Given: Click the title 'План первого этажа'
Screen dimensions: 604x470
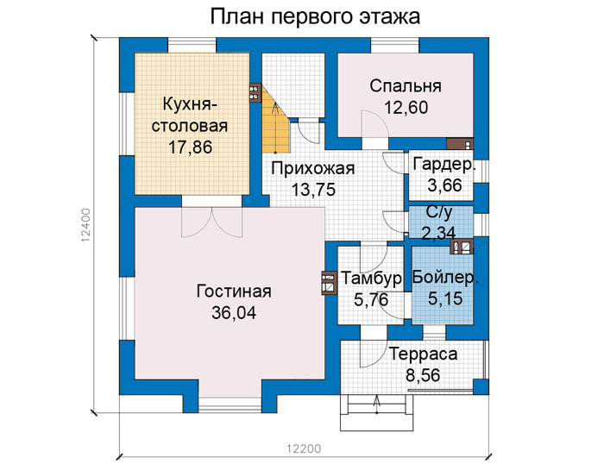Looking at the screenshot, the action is (x=315, y=16).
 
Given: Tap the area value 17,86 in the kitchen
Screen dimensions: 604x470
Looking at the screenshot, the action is (x=191, y=147).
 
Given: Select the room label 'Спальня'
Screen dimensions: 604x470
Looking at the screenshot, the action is (x=406, y=86).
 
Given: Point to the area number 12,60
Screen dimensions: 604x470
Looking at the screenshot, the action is (x=406, y=108).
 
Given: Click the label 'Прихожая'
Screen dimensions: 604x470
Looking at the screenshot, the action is (x=312, y=169).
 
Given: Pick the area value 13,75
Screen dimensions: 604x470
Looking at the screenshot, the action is (x=313, y=190).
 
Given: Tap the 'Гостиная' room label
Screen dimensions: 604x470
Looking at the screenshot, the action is (x=234, y=291).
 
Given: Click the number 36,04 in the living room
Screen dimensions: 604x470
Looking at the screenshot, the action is (x=234, y=312).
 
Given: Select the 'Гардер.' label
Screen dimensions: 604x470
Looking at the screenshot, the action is (x=444, y=165).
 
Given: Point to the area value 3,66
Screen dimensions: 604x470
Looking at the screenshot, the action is (x=444, y=185).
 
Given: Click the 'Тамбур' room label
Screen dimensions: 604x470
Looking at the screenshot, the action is (x=371, y=278).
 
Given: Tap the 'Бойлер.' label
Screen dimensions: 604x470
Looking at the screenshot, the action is (x=445, y=277).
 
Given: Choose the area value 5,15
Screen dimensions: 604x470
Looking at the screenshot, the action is (x=445, y=298).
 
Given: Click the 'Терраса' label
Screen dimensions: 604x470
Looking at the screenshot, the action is (x=423, y=354).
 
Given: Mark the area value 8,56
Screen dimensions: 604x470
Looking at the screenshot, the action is (x=423, y=375).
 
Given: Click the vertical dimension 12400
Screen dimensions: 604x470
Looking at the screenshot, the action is (x=85, y=225).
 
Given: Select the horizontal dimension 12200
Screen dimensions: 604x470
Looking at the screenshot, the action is (x=304, y=448).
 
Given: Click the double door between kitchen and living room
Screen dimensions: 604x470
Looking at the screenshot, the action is (x=212, y=222).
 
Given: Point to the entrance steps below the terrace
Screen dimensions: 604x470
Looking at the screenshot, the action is (x=377, y=412).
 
